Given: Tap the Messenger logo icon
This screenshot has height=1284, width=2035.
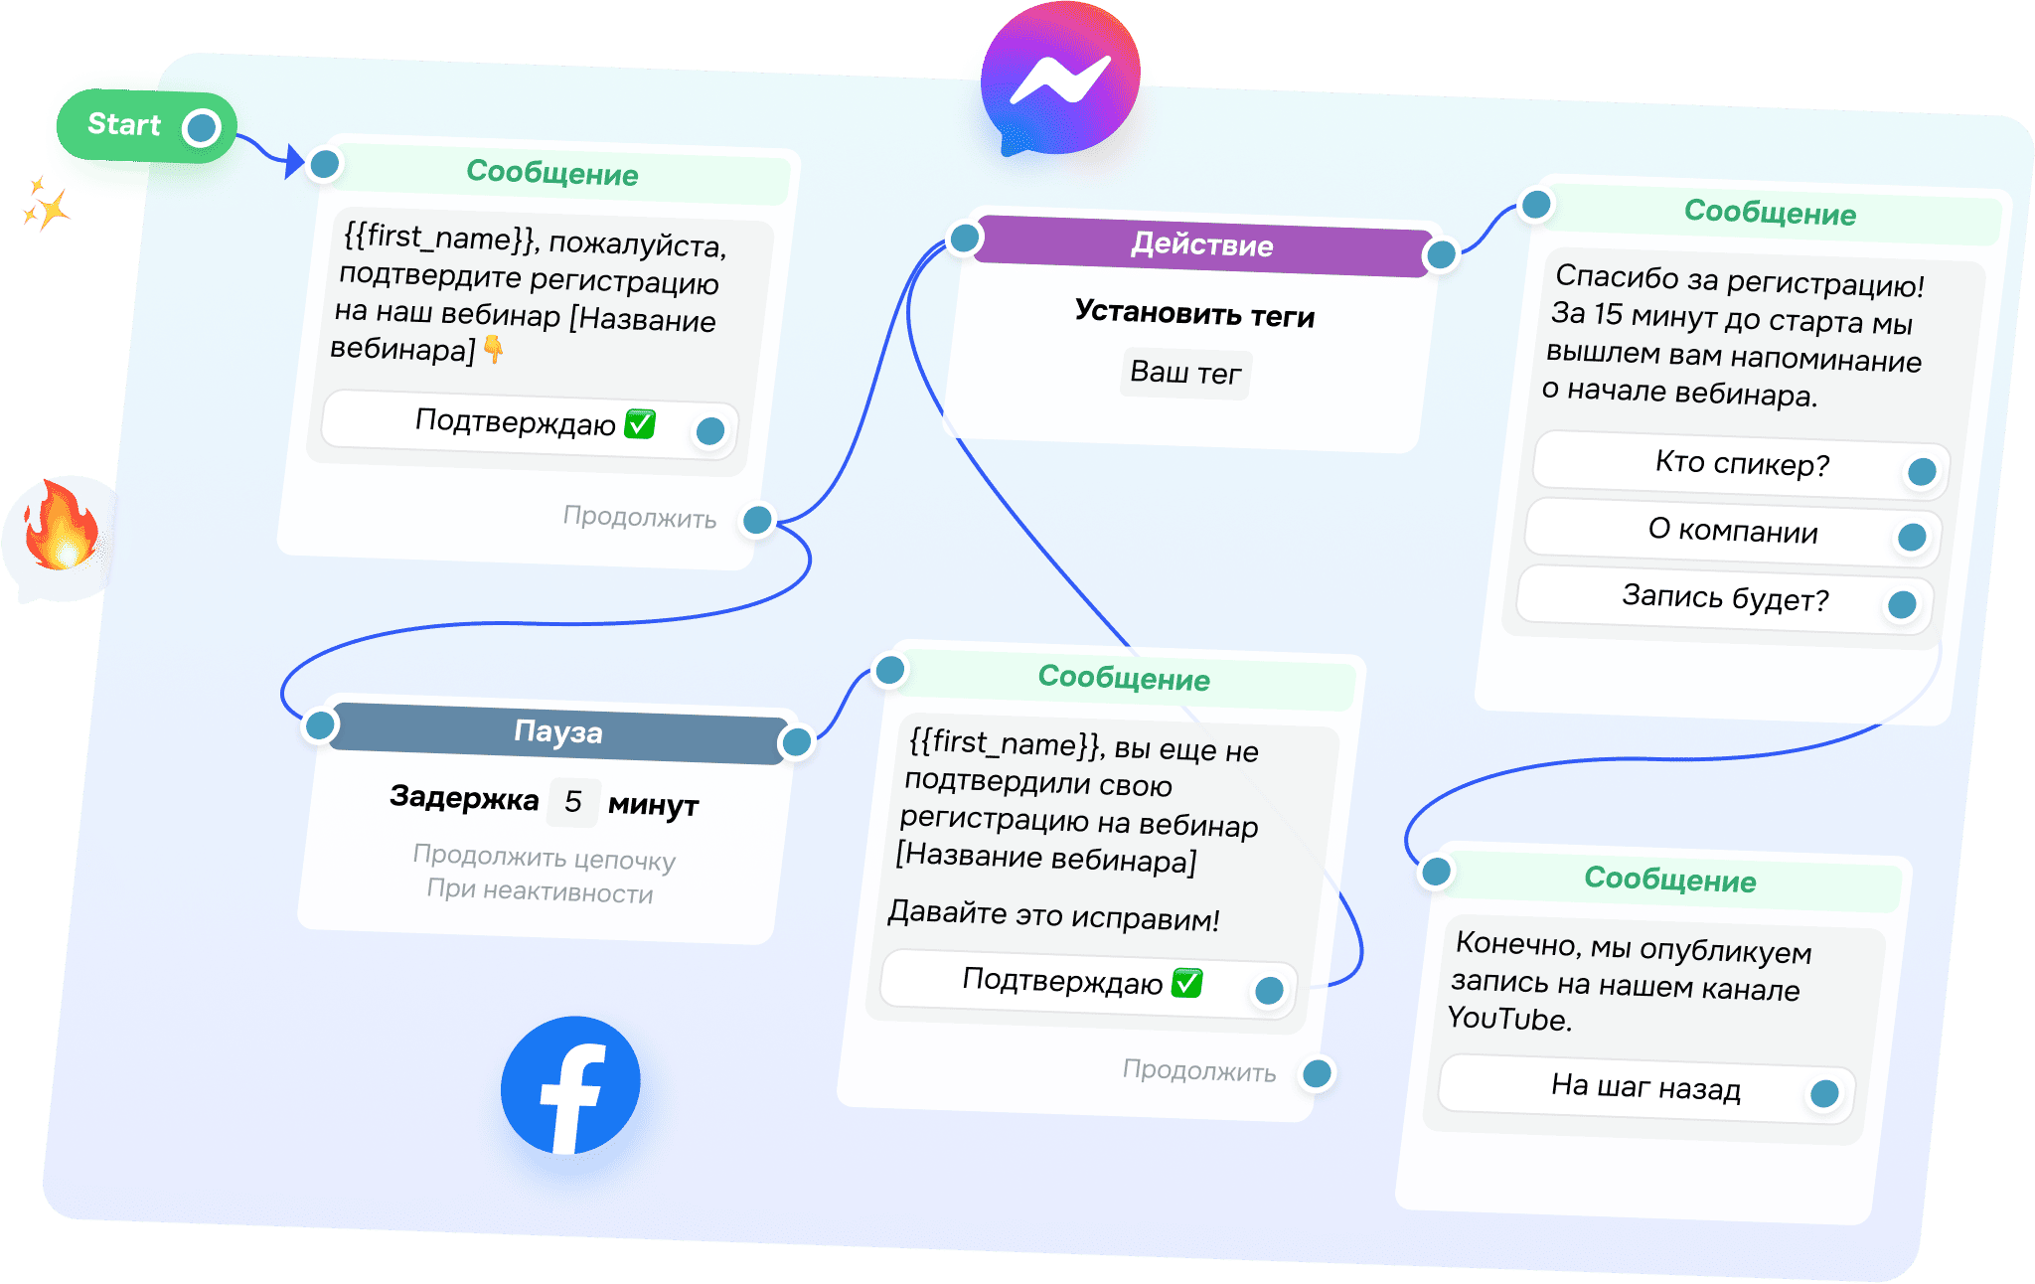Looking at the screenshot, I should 1059,80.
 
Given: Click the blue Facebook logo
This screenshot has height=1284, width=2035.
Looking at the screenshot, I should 570,1085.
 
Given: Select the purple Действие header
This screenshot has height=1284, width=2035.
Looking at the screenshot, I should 1202,244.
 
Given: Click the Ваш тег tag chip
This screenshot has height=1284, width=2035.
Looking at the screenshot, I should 1185,373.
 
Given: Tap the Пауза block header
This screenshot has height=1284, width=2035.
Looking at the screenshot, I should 558,732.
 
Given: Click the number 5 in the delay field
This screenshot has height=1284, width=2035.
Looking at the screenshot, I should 573,801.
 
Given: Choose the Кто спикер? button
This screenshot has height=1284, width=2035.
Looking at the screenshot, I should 1742,464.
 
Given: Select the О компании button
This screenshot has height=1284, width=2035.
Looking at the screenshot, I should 1733,531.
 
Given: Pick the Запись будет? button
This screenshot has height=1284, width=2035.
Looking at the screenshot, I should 1725,598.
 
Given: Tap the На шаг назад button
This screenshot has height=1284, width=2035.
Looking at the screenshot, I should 1645,1087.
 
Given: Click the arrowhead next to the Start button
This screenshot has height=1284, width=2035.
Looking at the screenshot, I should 293,160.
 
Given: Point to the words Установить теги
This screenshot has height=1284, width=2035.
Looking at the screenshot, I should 1194,314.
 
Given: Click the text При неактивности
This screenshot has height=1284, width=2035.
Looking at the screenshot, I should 540,890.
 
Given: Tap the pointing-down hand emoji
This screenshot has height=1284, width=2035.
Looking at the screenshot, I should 493,349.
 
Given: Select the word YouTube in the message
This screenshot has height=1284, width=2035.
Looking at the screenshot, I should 1509,1019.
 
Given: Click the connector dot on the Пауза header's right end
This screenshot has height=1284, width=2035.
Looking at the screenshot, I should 797,742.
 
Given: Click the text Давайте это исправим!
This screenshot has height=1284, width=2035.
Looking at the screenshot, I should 1053,915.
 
